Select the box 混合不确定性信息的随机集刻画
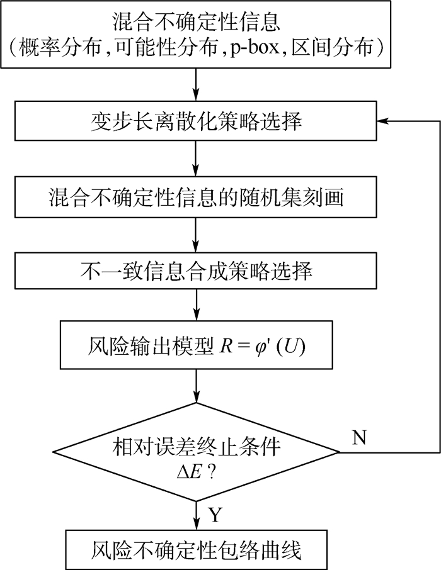197,198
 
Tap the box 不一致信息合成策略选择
197,272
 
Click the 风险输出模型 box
197,345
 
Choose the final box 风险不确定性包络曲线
197,550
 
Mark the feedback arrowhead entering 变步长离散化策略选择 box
382,121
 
